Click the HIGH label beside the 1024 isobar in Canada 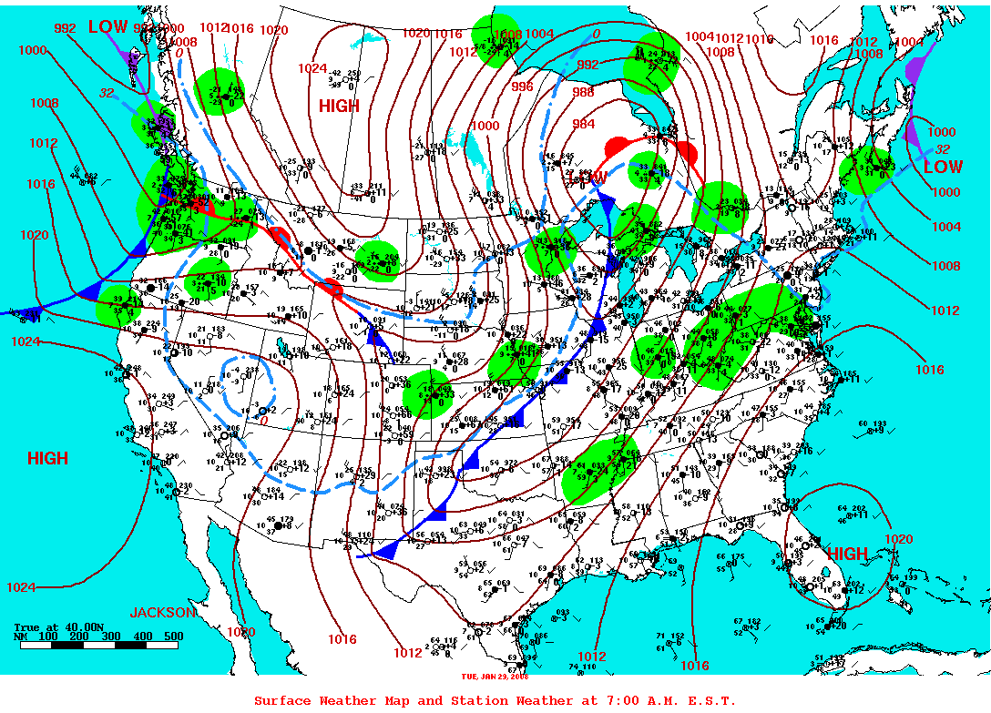pos(339,107)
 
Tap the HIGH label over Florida pos(847,554)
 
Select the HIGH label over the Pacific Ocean pos(47,458)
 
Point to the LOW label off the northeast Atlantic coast pos(943,168)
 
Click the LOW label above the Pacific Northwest pos(107,26)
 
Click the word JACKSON pos(162,612)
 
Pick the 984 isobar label pos(584,124)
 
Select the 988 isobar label pos(583,93)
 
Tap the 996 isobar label pos(522,87)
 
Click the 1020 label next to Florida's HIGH pos(898,539)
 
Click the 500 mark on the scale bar pos(173,637)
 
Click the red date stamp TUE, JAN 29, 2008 pos(495,677)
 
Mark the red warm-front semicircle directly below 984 pos(617,144)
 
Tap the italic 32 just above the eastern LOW pos(943,149)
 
